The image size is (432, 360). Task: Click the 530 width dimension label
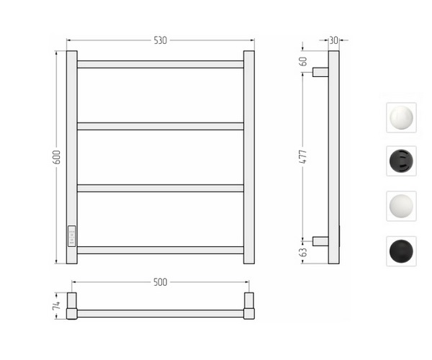click(161, 40)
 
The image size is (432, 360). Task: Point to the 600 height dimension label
click(56, 157)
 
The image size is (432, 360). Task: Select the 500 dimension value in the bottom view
click(161, 282)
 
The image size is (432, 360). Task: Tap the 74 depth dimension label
click(56, 305)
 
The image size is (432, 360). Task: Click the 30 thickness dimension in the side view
click(333, 40)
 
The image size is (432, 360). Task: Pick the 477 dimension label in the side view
click(303, 157)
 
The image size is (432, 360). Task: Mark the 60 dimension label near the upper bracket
click(303, 61)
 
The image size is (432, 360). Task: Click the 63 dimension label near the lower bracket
click(303, 252)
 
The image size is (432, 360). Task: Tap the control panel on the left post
click(71, 236)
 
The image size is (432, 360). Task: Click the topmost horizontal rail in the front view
click(161, 65)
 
